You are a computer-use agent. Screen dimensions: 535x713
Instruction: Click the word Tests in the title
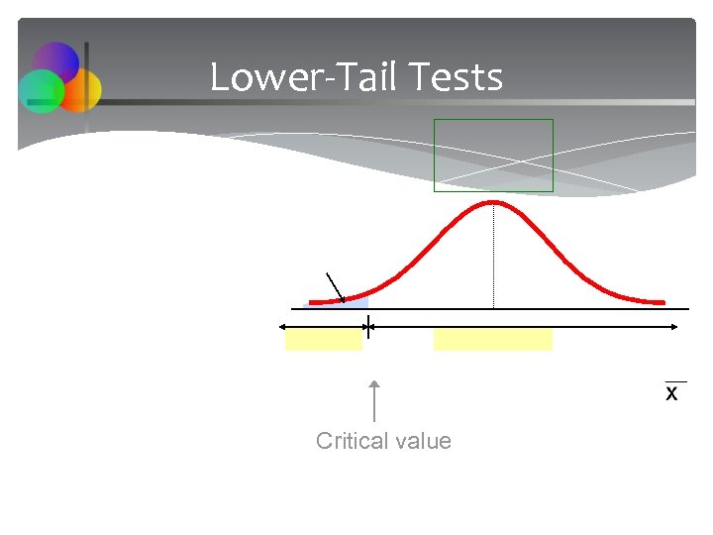(x=457, y=77)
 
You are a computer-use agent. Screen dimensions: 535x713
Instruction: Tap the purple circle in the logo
(x=55, y=63)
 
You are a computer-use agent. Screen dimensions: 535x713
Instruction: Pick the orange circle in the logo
(x=81, y=90)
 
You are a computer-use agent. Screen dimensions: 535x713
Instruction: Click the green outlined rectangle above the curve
(x=493, y=155)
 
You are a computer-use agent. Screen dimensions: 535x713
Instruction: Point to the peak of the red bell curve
(x=493, y=202)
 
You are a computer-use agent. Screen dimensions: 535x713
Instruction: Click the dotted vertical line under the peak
(x=493, y=258)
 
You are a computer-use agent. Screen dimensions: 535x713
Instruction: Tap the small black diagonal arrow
(x=335, y=286)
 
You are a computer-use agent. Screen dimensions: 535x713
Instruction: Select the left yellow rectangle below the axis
(x=323, y=339)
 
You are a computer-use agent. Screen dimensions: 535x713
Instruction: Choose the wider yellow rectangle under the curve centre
(x=492, y=339)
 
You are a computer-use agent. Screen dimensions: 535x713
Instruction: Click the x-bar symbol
(x=672, y=392)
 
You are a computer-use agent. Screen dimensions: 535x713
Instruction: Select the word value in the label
(x=423, y=441)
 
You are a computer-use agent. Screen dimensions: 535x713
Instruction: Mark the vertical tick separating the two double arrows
(x=368, y=325)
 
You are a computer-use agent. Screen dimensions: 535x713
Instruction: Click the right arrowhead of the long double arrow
(x=673, y=325)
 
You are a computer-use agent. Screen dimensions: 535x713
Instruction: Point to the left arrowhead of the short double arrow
(x=283, y=325)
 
